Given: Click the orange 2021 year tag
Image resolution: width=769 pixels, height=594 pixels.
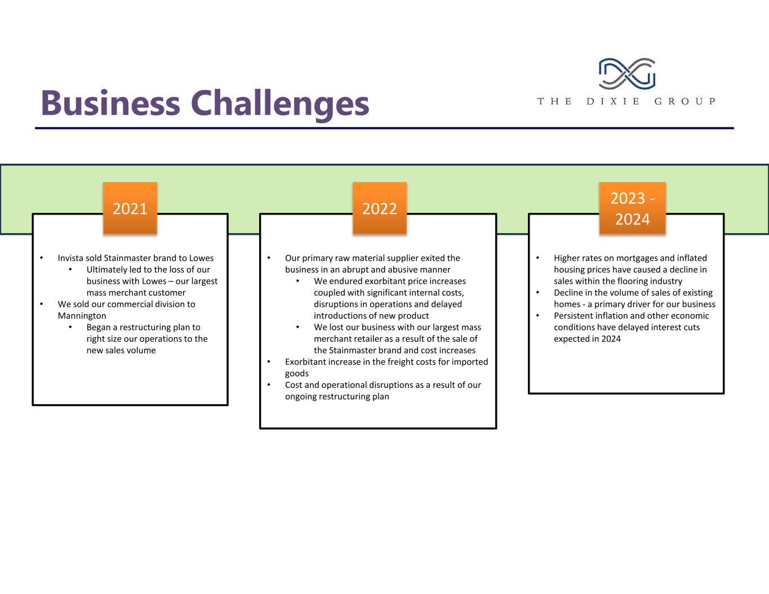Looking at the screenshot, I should tap(130, 208).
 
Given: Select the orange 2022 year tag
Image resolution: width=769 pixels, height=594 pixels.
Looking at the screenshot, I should tap(379, 208).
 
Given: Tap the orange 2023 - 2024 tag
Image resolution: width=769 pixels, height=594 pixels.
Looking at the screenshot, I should tap(632, 208).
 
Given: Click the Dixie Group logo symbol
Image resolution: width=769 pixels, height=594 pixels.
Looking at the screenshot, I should tap(626, 74).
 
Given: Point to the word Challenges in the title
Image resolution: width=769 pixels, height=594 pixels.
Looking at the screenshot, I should tap(279, 104).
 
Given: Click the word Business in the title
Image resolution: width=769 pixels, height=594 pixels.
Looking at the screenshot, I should tap(110, 104).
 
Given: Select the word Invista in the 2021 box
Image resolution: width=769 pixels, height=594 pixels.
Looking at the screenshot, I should tap(70, 258).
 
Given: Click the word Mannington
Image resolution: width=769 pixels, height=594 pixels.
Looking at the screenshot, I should tap(82, 316).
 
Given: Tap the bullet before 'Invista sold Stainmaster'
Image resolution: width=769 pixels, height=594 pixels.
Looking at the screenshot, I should tap(41, 258).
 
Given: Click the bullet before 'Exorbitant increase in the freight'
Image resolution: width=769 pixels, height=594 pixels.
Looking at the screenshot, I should tap(269, 362).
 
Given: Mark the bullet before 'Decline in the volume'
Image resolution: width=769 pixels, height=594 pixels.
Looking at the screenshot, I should tap(538, 293).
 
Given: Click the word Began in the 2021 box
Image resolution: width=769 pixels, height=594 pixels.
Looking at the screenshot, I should tap(99, 327).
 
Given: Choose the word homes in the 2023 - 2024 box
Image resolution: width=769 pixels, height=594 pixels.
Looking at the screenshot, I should tap(567, 304).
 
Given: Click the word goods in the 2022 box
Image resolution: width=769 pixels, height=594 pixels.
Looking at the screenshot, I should tap(297, 373).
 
